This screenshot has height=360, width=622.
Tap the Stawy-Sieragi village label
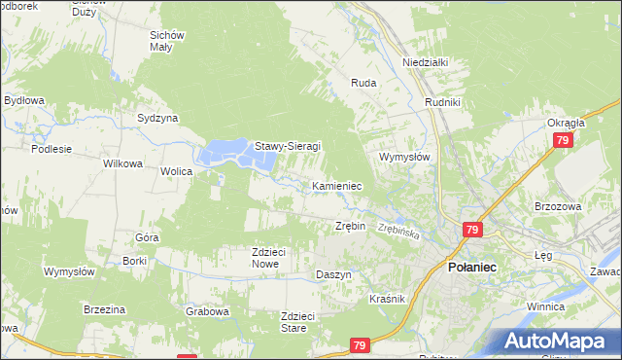[287, 147]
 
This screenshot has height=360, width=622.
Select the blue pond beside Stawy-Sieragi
[225, 152]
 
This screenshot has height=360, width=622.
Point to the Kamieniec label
[337, 185]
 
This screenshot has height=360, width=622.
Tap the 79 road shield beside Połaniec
[471, 230]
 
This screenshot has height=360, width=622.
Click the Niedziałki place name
[425, 62]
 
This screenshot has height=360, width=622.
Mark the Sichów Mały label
[167, 42]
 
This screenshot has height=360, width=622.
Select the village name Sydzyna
[157, 118]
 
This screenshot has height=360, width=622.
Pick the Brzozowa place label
[557, 206]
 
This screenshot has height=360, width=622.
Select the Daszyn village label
[333, 275]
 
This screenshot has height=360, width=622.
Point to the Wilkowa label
[123, 163]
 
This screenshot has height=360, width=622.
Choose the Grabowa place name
[207, 312]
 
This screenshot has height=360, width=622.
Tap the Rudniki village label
[442, 100]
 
